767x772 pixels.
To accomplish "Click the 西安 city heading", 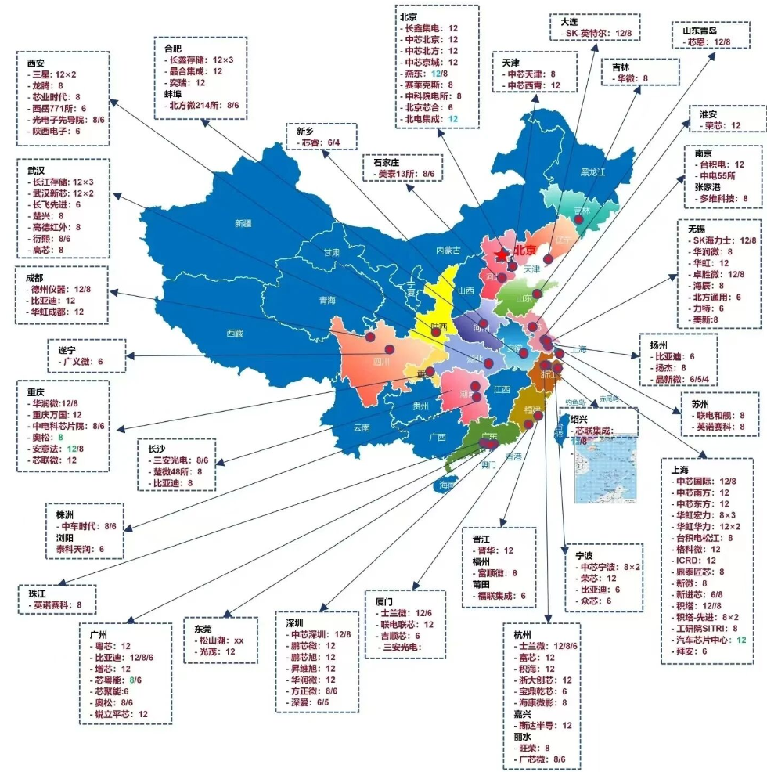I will click(35, 63).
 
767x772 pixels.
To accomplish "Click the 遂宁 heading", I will click(68, 350).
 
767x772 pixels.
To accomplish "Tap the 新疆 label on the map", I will click(243, 223).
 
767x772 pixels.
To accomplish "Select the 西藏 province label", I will click(235, 333).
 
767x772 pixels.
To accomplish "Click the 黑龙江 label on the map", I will click(593, 171).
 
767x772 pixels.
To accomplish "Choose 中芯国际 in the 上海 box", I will click(695, 482).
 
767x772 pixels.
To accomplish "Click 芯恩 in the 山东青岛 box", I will click(696, 41).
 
